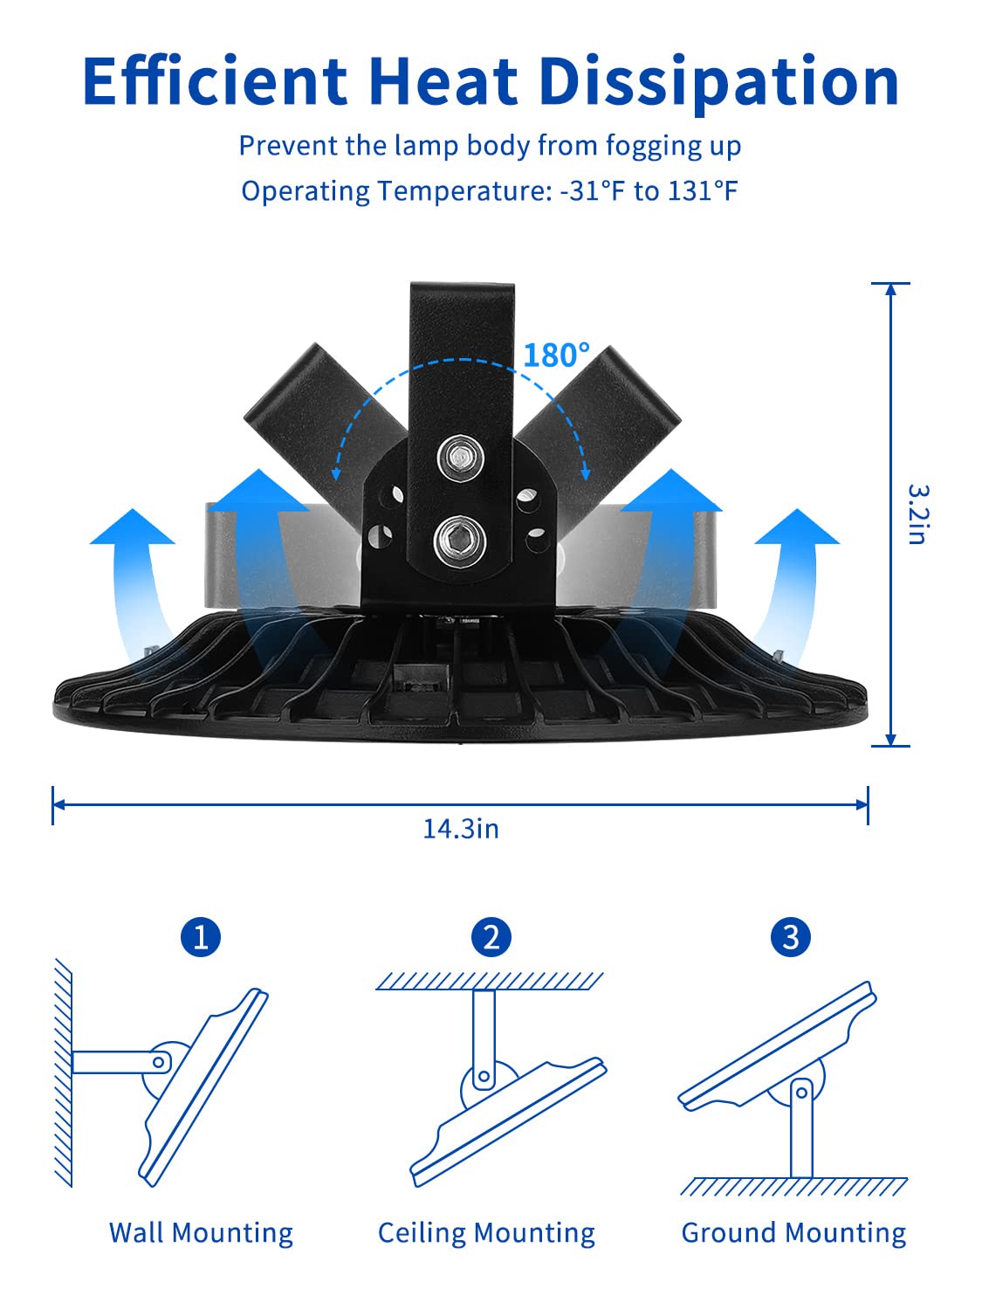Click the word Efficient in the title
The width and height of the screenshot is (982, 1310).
point(215,81)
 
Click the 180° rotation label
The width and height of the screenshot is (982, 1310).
point(556,355)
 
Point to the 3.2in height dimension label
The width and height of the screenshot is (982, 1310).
point(916,514)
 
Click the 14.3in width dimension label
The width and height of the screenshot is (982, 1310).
point(461,828)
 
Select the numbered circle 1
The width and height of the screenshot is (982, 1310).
point(201,937)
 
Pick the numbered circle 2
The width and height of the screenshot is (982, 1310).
point(491,937)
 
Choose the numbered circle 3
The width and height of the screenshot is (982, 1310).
point(791,937)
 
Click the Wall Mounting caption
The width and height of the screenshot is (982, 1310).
point(201,1232)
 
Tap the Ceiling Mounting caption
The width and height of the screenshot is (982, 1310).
point(486,1232)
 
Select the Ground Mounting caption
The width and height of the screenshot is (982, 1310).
point(793,1232)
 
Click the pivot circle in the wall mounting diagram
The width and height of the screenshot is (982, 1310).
point(159,1062)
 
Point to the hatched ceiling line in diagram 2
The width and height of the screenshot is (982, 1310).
point(490,980)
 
